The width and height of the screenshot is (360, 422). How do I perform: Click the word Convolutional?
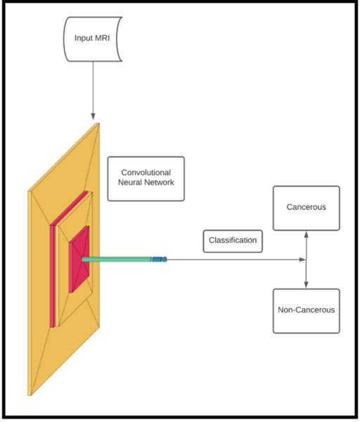coord(146,172)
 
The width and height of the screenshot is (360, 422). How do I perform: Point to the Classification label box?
coord(232,241)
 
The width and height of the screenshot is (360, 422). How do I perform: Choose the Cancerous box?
coord(306,208)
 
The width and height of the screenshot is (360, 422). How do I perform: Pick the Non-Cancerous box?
coord(306,310)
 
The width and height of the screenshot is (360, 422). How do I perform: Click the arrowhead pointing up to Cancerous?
coord(306,235)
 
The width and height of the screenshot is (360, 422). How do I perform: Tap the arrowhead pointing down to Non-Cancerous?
coord(306,284)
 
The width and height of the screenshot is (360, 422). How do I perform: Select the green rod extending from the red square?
coord(116,260)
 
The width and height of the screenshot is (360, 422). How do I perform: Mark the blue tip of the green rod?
coord(160,260)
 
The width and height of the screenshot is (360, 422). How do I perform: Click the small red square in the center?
coord(79,259)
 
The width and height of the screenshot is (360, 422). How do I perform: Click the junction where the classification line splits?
coord(306,260)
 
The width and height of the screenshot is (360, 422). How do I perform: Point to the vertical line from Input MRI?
coord(93,84)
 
